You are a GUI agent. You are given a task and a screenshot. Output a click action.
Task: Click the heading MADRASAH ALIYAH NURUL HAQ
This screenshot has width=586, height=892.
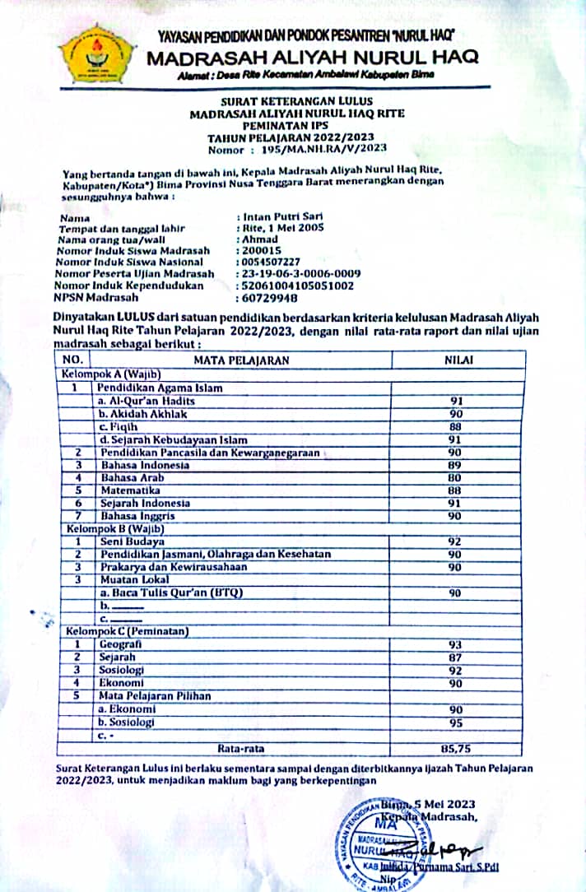click(x=313, y=58)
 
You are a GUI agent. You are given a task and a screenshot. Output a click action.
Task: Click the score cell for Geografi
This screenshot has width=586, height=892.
click(x=455, y=643)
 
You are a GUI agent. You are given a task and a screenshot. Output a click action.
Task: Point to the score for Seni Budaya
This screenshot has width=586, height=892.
click(x=455, y=542)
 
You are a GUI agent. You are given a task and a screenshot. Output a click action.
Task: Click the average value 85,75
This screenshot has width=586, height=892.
click(x=455, y=749)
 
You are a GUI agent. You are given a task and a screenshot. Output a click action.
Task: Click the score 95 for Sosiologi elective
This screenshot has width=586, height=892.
click(x=455, y=722)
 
